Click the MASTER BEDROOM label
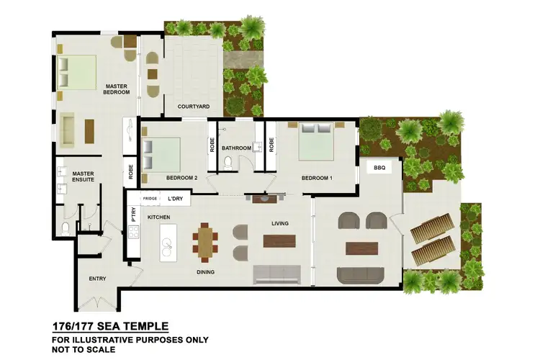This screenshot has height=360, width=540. click(116, 89)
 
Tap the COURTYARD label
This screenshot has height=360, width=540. click(194, 107)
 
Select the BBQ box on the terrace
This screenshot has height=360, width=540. click(379, 167)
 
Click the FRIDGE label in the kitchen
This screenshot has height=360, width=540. click(150, 198)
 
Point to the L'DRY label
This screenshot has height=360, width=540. click(175, 198)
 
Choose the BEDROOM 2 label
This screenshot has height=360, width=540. click(181, 177)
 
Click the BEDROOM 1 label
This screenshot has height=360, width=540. click(317, 177)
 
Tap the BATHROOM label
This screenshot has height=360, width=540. click(236, 148)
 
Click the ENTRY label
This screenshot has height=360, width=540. click(97, 279)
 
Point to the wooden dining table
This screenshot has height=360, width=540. click(206, 242)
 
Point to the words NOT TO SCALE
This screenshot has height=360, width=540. click(84, 350)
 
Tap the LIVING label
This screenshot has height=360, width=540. click(279, 223)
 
